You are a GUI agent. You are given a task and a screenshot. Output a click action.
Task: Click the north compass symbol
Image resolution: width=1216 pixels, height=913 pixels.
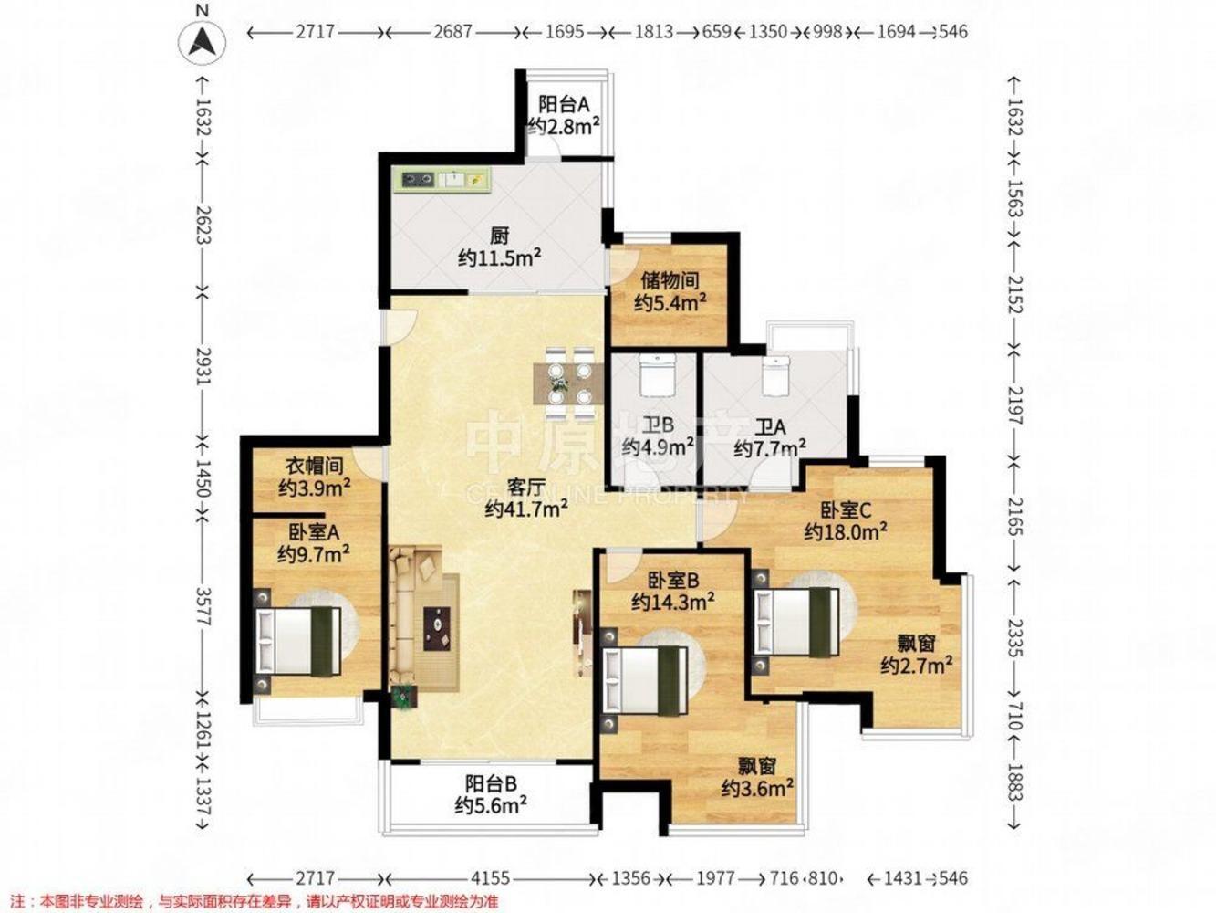(202, 42)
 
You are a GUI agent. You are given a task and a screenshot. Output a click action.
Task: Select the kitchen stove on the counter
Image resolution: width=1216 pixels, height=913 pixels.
(417, 180)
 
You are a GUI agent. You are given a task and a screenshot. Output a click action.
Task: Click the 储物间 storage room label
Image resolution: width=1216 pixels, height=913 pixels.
(670, 280)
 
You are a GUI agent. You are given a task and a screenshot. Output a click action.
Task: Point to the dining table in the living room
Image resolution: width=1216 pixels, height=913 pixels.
(569, 383)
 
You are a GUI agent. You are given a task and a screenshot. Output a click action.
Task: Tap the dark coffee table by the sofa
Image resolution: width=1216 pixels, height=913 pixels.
(437, 628)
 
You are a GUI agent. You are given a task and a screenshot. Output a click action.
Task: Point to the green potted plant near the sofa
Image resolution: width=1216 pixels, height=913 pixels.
(403, 697)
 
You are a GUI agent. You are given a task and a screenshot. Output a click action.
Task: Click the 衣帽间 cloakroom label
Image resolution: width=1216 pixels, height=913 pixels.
(315, 466)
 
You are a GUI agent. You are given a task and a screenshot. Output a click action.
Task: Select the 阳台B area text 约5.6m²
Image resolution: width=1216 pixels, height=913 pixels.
(491, 805)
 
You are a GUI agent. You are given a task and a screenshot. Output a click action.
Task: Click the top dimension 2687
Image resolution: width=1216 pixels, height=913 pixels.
(452, 32)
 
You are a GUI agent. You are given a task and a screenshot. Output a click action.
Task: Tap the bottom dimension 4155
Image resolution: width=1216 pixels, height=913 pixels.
(489, 878)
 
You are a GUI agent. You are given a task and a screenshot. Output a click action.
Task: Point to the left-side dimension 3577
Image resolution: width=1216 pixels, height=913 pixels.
(203, 606)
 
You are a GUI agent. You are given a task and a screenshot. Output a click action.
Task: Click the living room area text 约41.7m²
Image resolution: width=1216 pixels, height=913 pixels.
(526, 508)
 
